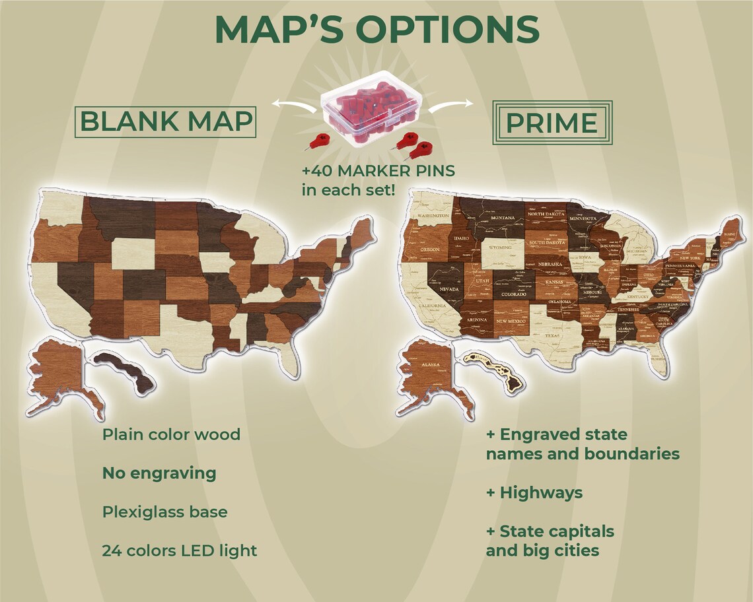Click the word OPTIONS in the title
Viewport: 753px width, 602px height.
point(448,30)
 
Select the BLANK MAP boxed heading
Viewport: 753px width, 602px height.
point(166,121)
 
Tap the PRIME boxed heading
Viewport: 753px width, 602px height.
point(552,122)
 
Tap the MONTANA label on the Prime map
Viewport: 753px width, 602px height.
point(502,218)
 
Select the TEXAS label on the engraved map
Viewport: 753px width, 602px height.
point(552,335)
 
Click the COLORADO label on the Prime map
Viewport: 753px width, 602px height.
point(513,294)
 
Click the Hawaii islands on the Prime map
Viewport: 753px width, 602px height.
point(492,366)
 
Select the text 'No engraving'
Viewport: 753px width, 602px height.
point(159,473)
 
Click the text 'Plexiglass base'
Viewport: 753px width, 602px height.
point(164,512)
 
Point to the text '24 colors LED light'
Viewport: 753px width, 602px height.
point(179,550)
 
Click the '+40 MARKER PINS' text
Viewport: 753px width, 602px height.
point(378,171)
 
